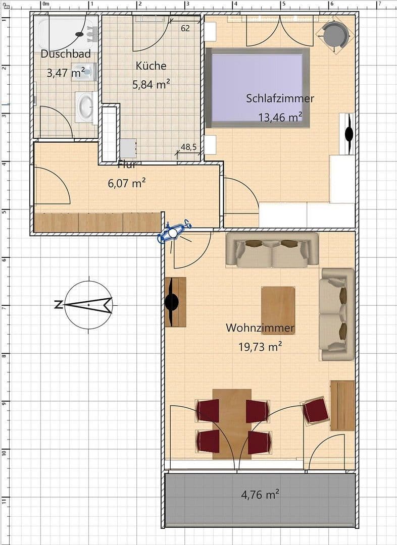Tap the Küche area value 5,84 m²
coord(151,85)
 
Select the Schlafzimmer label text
coord(280,98)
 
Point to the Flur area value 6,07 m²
coord(127,183)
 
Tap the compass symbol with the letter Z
coord(88,305)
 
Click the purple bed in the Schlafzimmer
coord(257,87)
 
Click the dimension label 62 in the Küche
coord(185,29)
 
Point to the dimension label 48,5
coord(188,147)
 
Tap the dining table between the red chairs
coord(232,423)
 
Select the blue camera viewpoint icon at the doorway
coord(173,233)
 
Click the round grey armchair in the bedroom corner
coord(335,34)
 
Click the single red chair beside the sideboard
coord(316,410)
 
